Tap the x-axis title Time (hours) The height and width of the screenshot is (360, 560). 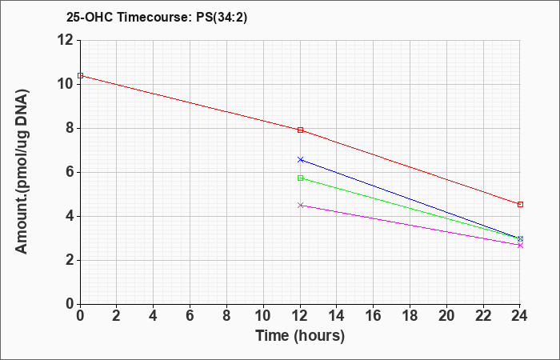[300, 336]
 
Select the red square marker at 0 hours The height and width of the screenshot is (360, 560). [80, 75]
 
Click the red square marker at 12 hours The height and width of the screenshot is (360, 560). [300, 130]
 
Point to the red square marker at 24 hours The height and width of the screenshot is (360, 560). [520, 204]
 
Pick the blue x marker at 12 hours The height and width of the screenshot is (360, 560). [300, 159]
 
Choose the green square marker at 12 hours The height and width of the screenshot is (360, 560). [300, 178]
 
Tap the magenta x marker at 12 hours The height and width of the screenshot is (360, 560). [300, 205]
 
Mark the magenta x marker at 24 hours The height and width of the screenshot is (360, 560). [520, 245]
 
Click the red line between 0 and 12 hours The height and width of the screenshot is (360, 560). [190, 102]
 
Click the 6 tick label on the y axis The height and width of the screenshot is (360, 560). [69, 172]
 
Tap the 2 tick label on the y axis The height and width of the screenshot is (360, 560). [69, 260]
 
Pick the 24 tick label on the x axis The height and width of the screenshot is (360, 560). [520, 316]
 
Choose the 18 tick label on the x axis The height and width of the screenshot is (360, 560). [410, 316]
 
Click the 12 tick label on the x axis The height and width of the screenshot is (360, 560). [300, 316]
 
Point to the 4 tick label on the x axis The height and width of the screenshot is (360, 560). [153, 316]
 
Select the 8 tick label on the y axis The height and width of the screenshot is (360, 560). [69, 128]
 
